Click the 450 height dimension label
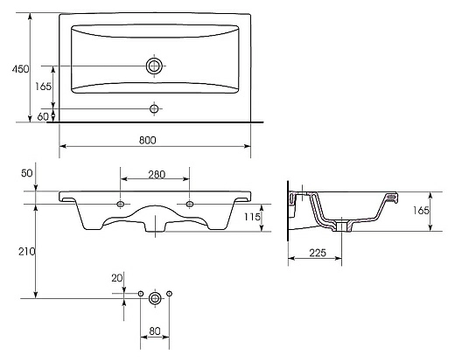tap(20, 69)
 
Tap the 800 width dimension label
tap(148, 140)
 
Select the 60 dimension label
tap(43, 116)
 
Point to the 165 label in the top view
tap(43, 87)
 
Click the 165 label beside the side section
tap(421, 210)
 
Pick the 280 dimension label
tap(157, 174)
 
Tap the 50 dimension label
tap(27, 173)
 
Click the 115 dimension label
tap(252, 217)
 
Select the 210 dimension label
tap(27, 251)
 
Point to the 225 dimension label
tap(318, 253)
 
